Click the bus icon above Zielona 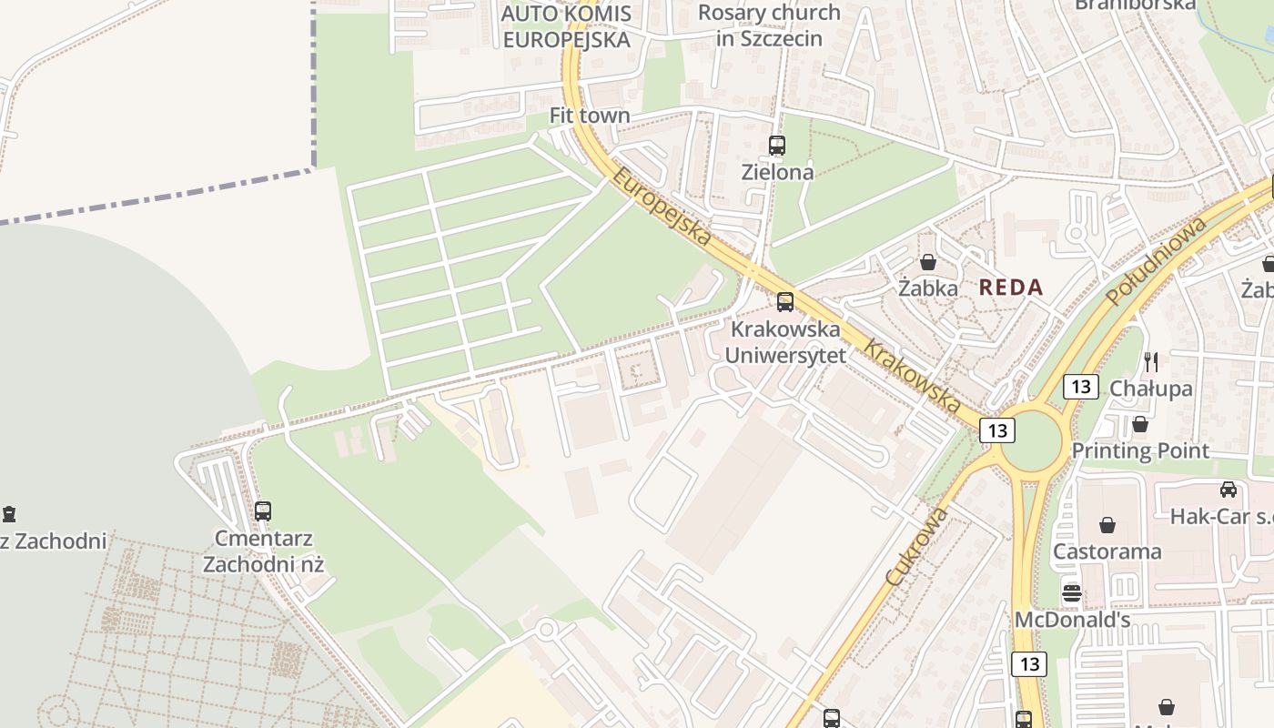pos(776,145)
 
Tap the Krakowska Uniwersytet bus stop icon pos(784,302)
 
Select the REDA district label pos(1011,288)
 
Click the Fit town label pos(590,116)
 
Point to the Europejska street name pos(661,207)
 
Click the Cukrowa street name pos(916,546)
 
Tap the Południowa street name pos(1157,260)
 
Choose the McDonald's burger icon pos(1071,593)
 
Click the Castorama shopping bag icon pos(1107,525)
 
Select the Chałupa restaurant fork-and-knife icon pos(1151,361)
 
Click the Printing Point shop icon pos(1139,424)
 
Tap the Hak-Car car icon pos(1228,490)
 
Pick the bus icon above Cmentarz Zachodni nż pos(263,511)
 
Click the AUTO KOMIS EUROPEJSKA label pos(566,26)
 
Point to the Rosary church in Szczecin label pos(769,25)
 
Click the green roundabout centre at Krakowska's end pos(1031,440)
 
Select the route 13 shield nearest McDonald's pos(1029,663)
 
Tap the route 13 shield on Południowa pos(1080,386)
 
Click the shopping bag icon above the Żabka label pos(927,262)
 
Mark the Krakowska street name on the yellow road pos(912,375)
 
